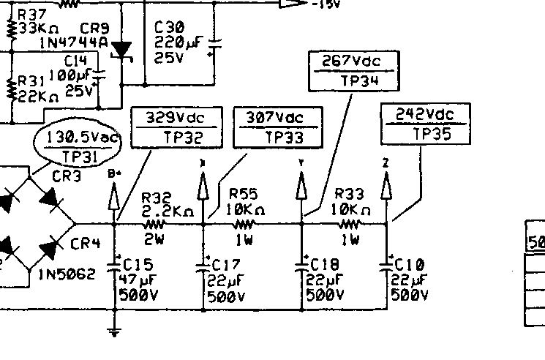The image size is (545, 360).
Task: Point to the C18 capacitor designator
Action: click(324, 264)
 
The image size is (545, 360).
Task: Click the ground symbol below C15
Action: click(115, 333)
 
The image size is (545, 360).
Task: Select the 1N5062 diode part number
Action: click(67, 276)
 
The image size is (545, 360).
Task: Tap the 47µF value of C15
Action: click(132, 280)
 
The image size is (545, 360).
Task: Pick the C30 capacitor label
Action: click(169, 27)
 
